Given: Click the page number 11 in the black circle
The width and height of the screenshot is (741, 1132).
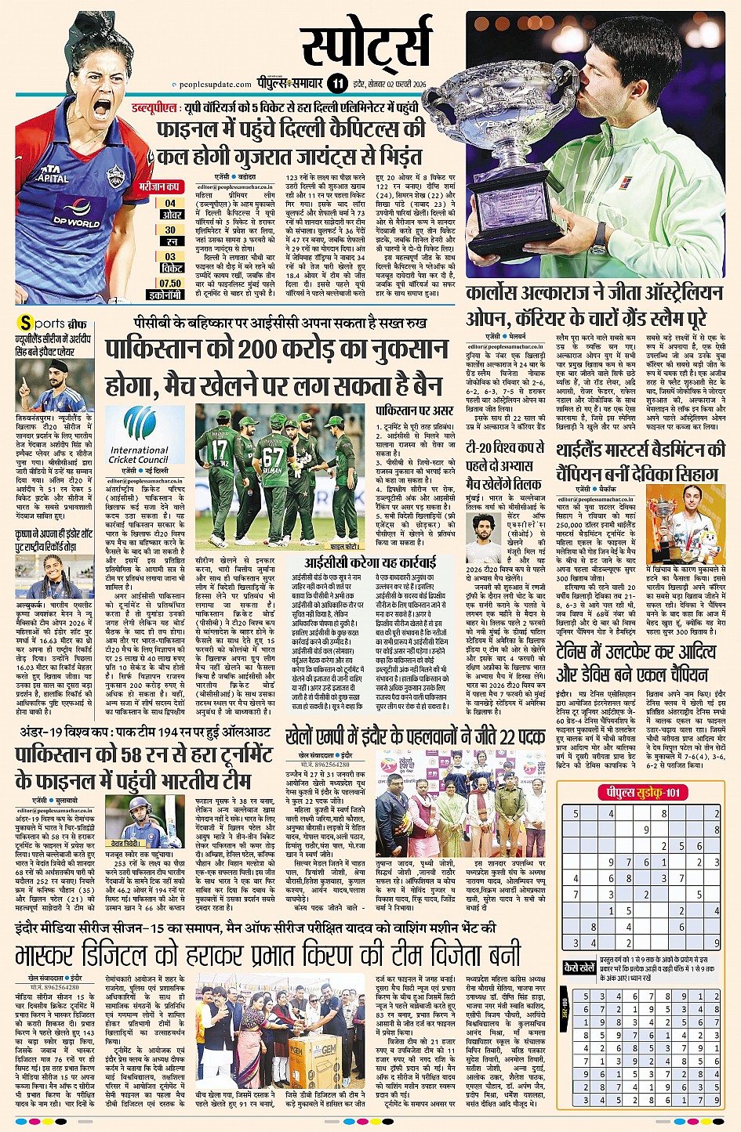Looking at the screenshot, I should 338,84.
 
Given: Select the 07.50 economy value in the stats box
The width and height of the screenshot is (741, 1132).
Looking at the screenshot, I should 170,284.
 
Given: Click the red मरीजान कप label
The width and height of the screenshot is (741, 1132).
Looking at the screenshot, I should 161,188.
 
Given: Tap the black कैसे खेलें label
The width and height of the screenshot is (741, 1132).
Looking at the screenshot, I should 579,968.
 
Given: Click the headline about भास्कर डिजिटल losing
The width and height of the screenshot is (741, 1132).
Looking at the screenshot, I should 267,957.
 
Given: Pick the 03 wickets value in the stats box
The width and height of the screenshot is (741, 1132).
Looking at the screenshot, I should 170,255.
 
